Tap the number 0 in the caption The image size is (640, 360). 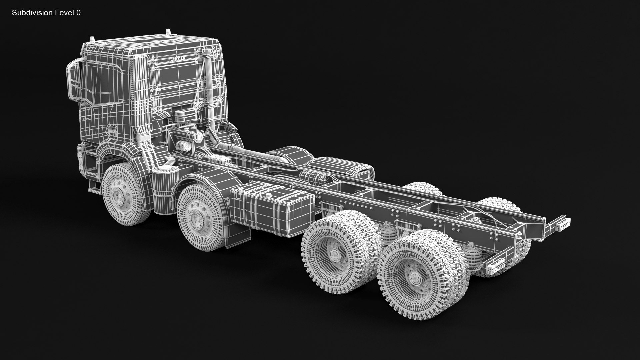[x=78, y=13]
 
